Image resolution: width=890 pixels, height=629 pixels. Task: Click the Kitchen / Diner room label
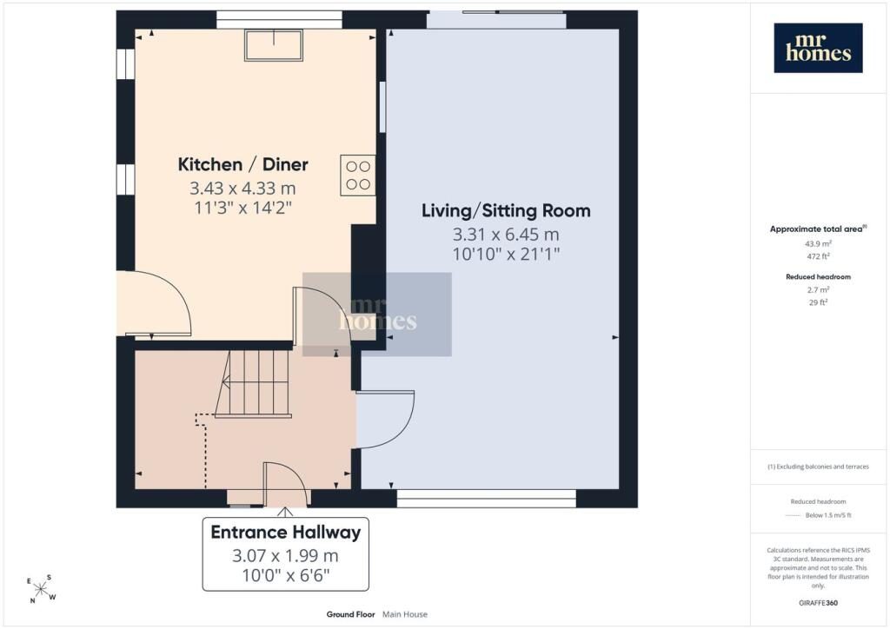(x=243, y=164)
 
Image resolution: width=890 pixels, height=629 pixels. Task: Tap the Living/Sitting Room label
(x=506, y=211)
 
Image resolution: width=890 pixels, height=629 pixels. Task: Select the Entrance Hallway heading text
(x=285, y=532)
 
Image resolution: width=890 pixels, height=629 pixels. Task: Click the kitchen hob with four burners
(x=357, y=175)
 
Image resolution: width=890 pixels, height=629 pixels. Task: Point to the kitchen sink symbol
(x=274, y=45)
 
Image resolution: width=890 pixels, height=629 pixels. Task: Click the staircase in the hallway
(x=253, y=384)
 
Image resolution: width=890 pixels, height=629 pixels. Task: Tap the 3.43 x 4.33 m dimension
(x=242, y=188)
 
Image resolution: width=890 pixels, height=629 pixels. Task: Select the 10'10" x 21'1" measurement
(x=506, y=254)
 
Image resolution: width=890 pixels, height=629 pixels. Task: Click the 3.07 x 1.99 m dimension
(x=285, y=556)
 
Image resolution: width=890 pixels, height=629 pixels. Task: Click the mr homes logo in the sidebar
(x=818, y=48)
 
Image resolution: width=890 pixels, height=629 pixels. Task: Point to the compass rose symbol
(x=41, y=589)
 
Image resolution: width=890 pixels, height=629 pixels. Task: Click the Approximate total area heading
(x=818, y=229)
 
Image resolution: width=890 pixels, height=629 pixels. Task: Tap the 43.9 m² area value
(x=818, y=244)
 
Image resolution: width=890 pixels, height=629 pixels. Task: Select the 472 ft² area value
(x=818, y=256)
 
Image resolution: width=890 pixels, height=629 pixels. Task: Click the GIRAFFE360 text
(x=818, y=603)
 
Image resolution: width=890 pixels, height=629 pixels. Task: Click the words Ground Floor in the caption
(x=350, y=614)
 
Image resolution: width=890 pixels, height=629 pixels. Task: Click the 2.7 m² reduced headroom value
(x=818, y=290)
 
